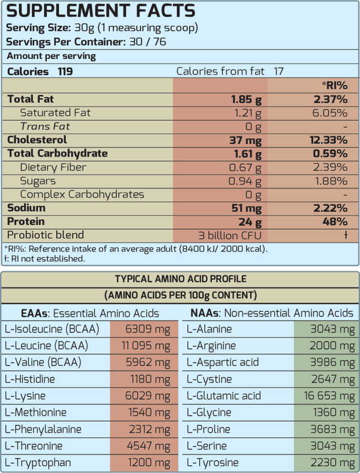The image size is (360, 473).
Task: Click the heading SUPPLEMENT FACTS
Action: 100,11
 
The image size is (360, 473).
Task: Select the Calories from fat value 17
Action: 279,71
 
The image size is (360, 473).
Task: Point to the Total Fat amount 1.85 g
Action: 246,99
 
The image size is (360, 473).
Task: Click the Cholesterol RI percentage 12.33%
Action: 326,140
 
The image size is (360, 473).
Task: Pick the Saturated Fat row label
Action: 55,112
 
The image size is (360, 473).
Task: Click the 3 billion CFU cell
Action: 230,235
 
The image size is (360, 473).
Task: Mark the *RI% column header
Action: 334,85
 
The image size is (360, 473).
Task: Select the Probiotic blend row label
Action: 46,235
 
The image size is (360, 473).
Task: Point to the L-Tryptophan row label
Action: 38,463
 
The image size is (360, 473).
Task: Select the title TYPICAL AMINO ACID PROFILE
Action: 180,279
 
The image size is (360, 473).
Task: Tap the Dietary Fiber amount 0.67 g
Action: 245,167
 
